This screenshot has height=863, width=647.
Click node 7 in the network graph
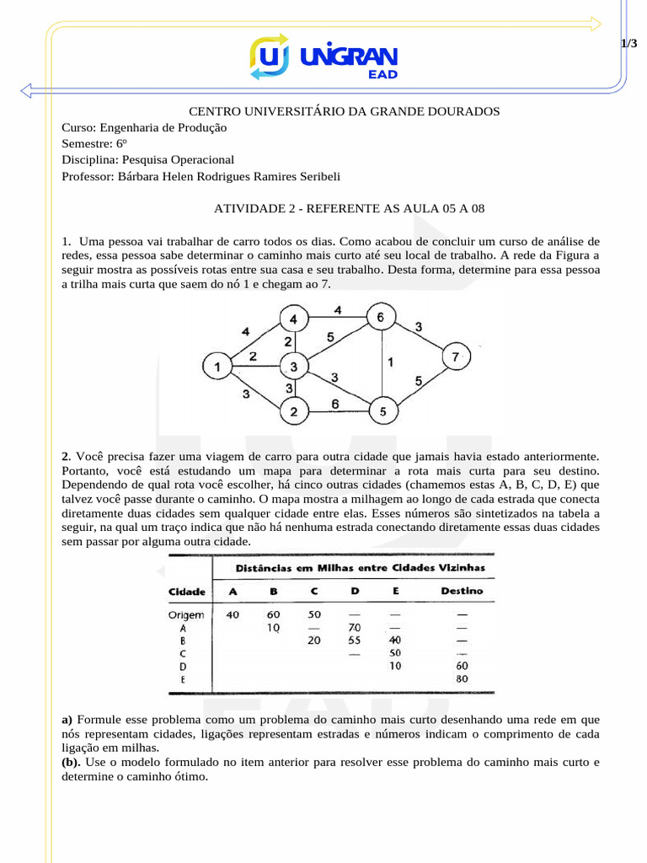coord(456,357)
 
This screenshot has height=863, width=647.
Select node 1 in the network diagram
coord(217,367)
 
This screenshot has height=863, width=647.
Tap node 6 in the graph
coord(380,318)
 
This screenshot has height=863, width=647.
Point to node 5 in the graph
coord(382,412)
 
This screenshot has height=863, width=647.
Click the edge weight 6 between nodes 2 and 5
coord(335,404)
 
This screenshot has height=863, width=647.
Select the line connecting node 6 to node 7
coord(418,337)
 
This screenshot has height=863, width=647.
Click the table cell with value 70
coord(354,628)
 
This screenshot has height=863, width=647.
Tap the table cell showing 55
coord(354,641)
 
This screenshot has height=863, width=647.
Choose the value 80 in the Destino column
coord(461,678)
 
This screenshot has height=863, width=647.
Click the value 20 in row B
coord(314,641)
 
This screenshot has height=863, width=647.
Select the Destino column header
coord(462,591)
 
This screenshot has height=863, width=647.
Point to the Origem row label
coord(186,615)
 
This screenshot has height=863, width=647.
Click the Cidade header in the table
coord(187,592)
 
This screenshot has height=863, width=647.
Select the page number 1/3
coord(628,43)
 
